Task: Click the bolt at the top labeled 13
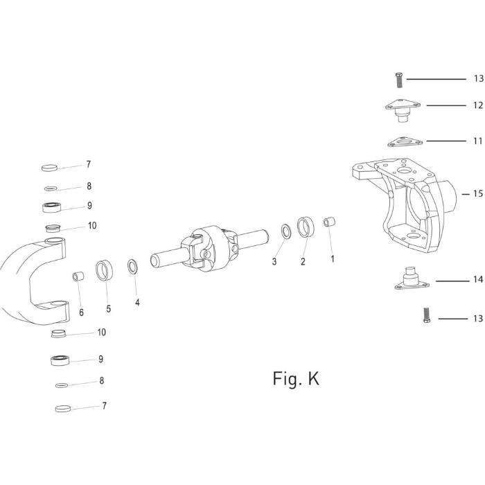tap(399, 80)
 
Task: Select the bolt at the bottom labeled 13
tap(427, 315)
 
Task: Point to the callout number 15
tap(478, 193)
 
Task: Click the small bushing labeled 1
tap(329, 222)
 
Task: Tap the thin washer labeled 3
tap(286, 231)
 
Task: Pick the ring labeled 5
tap(104, 270)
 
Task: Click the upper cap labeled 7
tap(49, 168)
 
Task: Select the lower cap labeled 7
tap(63, 409)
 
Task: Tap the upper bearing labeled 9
tap(52, 207)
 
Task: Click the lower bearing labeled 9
tap(60, 360)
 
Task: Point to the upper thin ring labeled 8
tap(51, 188)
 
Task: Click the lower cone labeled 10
tap(58, 334)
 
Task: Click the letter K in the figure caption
tap(314, 378)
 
